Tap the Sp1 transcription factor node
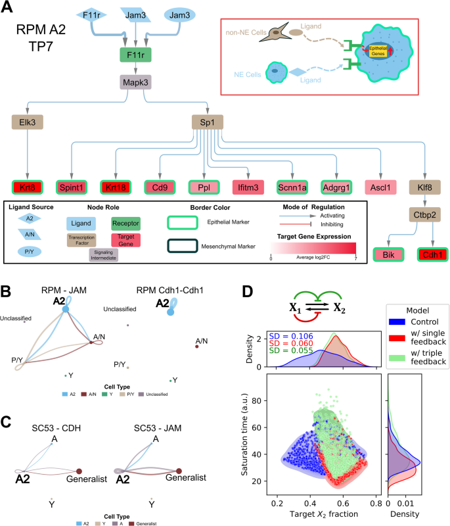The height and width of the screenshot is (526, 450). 207,122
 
